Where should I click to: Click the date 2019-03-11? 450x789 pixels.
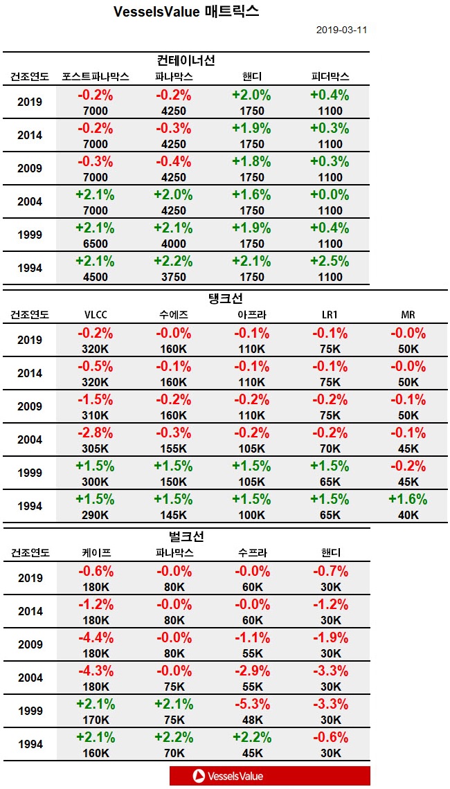(x=341, y=30)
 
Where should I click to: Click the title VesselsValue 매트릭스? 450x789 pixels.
(x=187, y=11)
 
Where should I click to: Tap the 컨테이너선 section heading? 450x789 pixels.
(x=186, y=61)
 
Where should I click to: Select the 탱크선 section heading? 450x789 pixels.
(x=224, y=299)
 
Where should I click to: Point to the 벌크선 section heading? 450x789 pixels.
(x=186, y=537)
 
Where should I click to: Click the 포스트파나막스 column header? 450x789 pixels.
(x=96, y=76)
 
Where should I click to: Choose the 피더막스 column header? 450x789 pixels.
(x=330, y=76)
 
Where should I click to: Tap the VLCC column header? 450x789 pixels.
(x=96, y=314)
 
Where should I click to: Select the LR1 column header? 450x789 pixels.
(x=330, y=314)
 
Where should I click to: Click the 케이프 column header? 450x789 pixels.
(x=96, y=552)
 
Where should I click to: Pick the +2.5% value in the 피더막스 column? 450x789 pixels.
(x=330, y=262)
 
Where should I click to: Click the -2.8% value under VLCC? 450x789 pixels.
(x=96, y=433)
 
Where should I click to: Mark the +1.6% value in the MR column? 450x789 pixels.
(x=408, y=500)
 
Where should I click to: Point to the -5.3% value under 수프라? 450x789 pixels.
(x=251, y=705)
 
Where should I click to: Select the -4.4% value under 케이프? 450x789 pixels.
(x=96, y=638)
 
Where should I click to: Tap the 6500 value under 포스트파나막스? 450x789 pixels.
(x=96, y=244)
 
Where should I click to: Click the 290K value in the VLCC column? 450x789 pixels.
(x=96, y=515)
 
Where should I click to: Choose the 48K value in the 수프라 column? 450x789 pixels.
(x=251, y=720)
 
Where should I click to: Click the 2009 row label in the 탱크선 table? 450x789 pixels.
(x=30, y=406)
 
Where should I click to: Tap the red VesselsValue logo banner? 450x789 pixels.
(x=269, y=776)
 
